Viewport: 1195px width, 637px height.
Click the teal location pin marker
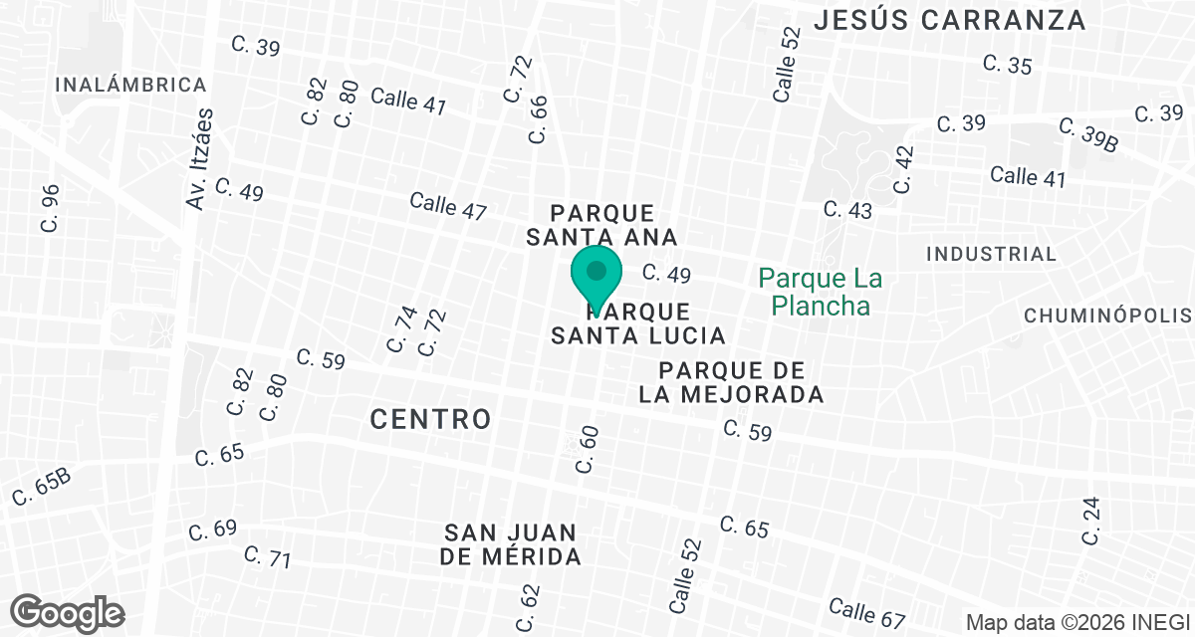click(x=597, y=274)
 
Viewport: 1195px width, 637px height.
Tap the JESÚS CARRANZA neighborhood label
click(x=949, y=20)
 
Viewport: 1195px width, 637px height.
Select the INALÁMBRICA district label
click(x=131, y=85)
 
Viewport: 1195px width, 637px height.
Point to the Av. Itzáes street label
click(x=200, y=159)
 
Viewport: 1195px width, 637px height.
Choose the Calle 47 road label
click(x=448, y=206)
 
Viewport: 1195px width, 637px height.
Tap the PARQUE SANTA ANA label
click(x=601, y=225)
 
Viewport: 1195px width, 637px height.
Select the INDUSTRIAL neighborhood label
click(x=991, y=254)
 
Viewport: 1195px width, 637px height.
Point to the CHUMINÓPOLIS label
click(x=1108, y=317)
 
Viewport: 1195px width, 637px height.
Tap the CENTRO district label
click(x=430, y=419)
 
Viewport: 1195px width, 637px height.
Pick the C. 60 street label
click(x=587, y=448)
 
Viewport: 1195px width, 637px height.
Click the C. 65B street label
click(x=43, y=485)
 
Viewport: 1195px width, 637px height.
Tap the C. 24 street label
click(x=1092, y=521)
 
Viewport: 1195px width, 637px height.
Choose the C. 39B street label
click(x=1088, y=135)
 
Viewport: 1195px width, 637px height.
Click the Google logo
click(x=68, y=611)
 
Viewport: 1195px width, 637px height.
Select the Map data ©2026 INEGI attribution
click(x=1078, y=623)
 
